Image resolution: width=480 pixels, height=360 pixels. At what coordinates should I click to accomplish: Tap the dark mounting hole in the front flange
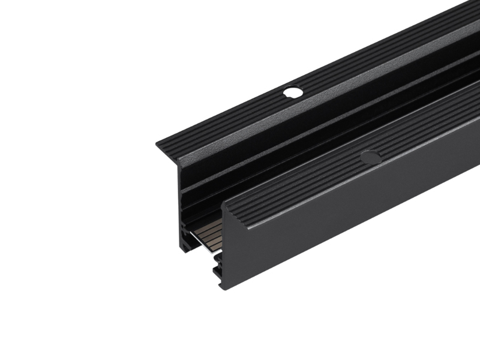coord(370,157)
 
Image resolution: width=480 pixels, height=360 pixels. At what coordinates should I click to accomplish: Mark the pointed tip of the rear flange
coord(158,144)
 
